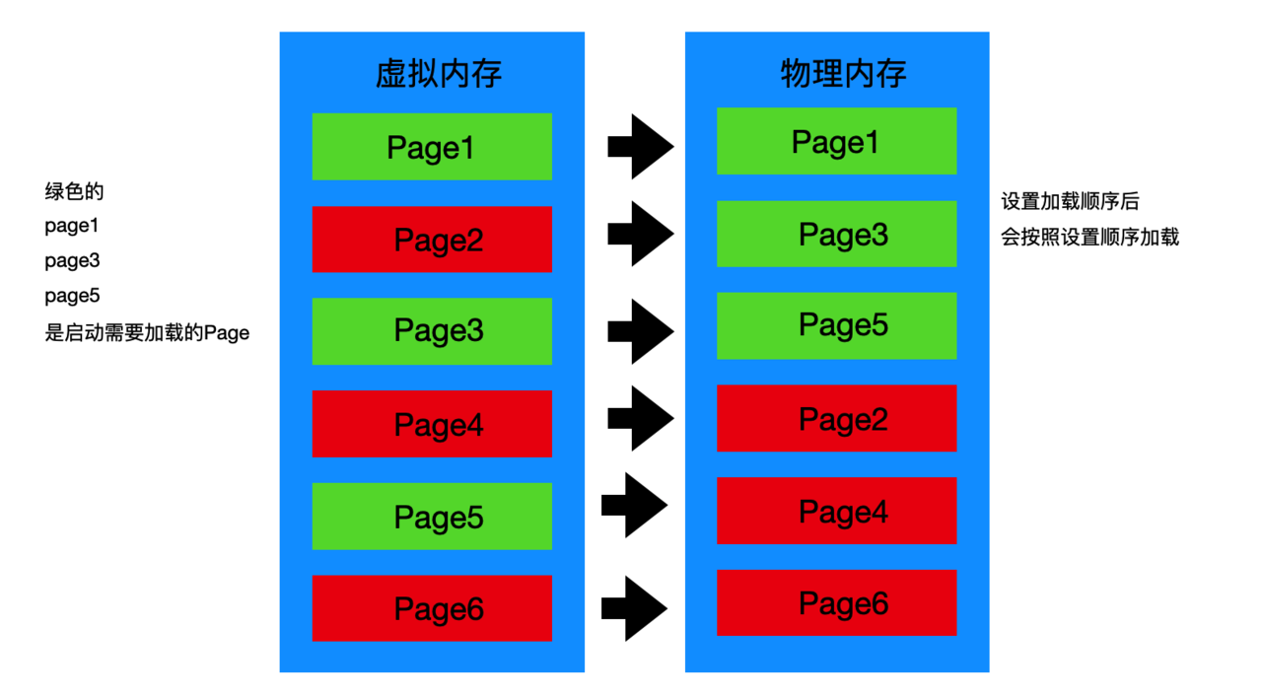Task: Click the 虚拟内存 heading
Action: point(439,73)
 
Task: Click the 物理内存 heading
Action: point(843,73)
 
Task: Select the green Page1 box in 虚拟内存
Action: point(432,147)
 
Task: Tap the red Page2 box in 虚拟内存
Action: point(432,240)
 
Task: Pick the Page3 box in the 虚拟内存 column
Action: point(432,331)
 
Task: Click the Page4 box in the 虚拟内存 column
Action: point(432,424)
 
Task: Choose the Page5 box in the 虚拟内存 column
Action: point(432,516)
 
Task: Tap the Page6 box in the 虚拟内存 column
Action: point(432,608)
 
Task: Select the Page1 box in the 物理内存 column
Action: point(837,141)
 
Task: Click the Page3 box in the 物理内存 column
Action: point(837,234)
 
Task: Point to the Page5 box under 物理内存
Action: point(837,325)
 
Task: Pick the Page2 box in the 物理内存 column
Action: point(837,418)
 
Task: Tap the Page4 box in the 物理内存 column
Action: point(837,511)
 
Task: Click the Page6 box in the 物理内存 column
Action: point(837,602)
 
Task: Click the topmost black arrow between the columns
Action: point(641,147)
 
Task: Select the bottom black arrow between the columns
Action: point(634,608)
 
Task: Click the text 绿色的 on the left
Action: point(74,191)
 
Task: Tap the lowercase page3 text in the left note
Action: point(72,261)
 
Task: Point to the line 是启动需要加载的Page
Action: point(147,332)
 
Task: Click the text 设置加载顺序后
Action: point(1070,201)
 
